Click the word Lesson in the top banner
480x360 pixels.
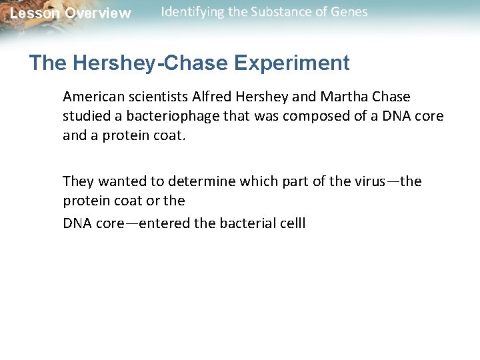coord(33,13)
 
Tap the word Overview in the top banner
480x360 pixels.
coord(98,13)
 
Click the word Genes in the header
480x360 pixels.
coord(350,12)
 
